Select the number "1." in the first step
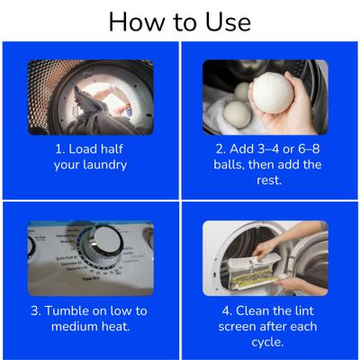click(59, 148)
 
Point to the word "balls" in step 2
click(229, 166)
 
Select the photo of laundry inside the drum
click(90, 97)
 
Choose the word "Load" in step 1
click(88, 148)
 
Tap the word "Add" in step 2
click(231, 148)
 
